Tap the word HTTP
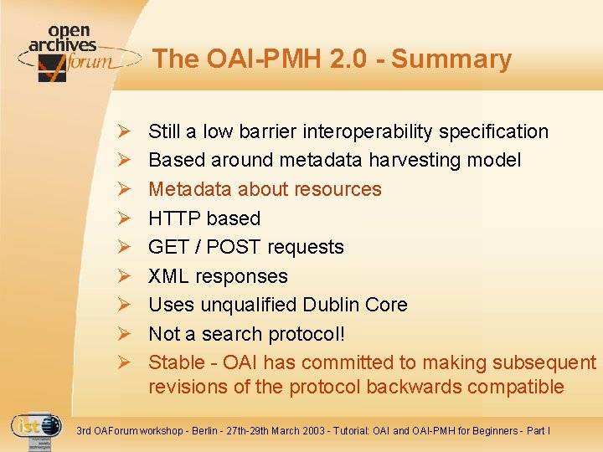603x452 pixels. point(174,218)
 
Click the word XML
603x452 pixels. point(167,276)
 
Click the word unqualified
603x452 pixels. point(248,305)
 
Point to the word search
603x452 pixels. point(232,334)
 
